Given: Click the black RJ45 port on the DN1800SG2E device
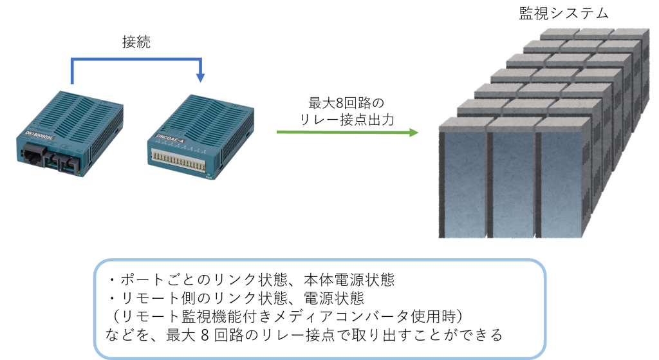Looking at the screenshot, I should click(x=33, y=153).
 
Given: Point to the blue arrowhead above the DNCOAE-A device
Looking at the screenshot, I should click(x=201, y=78).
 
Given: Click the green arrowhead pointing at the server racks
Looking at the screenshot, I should click(x=414, y=133).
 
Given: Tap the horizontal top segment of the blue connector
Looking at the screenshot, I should click(x=136, y=60).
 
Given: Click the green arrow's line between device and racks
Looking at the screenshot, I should click(x=341, y=132).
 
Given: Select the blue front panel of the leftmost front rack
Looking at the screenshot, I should click(x=462, y=184).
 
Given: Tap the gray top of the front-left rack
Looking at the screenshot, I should click(x=463, y=122).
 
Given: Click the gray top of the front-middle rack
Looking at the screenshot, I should click(x=513, y=122).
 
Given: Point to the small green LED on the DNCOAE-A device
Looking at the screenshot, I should click(x=208, y=174).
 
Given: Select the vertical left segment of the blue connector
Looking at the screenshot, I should click(x=72, y=72).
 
